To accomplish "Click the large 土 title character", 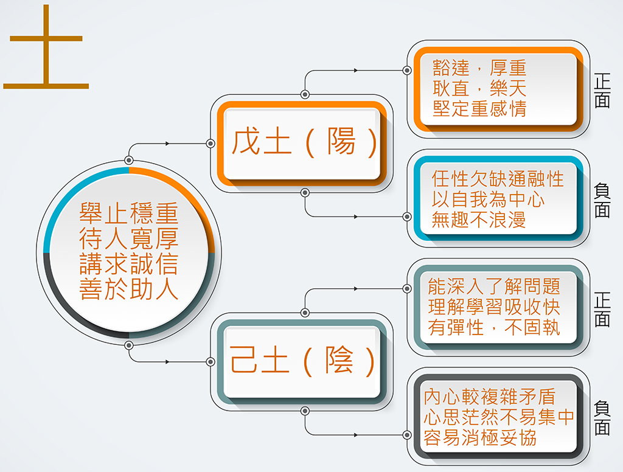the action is tap(46, 47).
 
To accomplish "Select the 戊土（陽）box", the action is tap(302, 144).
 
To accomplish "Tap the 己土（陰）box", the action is tap(302, 361).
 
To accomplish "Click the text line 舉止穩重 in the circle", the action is tap(129, 213).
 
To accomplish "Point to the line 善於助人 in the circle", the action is tap(129, 289).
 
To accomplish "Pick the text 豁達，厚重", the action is tap(479, 68).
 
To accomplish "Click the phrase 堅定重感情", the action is tap(479, 108).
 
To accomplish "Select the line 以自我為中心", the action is tap(488, 199).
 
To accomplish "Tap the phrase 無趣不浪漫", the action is tap(478, 220).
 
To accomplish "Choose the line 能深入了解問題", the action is tap(494, 286).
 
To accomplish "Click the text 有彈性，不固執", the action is tap(494, 328).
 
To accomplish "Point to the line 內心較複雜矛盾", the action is tap(489, 396).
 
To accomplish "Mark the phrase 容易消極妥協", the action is tap(480, 437).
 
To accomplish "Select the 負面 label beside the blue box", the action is tap(602, 200).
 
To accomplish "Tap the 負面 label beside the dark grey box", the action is tap(602, 418).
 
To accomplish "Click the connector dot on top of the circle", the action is tap(129, 161).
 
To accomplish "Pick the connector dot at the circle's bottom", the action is tap(129, 345).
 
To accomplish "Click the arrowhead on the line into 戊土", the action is tap(167, 144).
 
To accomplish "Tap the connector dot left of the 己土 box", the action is tap(211, 361).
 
